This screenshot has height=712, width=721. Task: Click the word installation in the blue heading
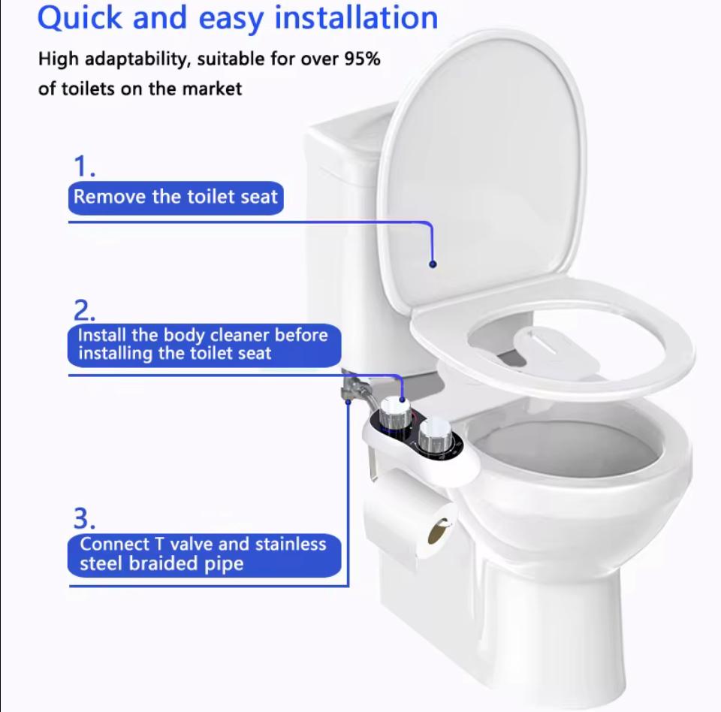point(356,18)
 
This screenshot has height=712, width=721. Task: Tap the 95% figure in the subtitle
point(361,59)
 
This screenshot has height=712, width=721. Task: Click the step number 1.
point(83,166)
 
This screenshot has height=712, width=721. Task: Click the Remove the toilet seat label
point(176,198)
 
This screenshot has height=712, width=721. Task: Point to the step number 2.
point(83,309)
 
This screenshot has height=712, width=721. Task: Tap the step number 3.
point(83,518)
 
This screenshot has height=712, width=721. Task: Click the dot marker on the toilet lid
point(433,264)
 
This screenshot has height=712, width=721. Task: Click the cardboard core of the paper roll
point(437,532)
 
